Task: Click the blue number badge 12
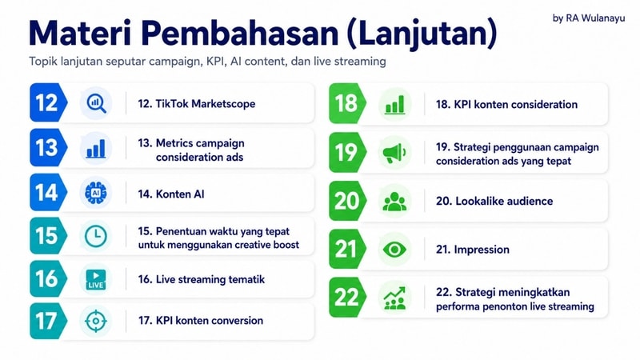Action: point(48,102)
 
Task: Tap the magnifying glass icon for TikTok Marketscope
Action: point(96,103)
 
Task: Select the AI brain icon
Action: point(96,193)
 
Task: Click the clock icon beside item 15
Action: point(96,236)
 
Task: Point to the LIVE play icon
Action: point(96,279)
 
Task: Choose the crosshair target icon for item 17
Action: point(96,321)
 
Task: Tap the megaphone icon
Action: point(394,153)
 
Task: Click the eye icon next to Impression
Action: point(394,250)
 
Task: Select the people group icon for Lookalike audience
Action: point(394,202)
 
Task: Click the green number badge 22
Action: point(347,297)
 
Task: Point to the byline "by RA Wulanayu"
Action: point(589,18)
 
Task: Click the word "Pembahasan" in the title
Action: point(241,33)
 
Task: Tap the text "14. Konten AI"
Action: point(171,194)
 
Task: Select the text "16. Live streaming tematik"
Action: point(202,279)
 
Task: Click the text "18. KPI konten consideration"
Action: point(506,105)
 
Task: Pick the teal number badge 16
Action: point(48,278)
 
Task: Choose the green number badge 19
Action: point(347,152)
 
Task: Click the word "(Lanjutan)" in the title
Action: point(422,34)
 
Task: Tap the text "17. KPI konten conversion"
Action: point(201,321)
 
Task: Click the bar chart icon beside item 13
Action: point(96,149)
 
